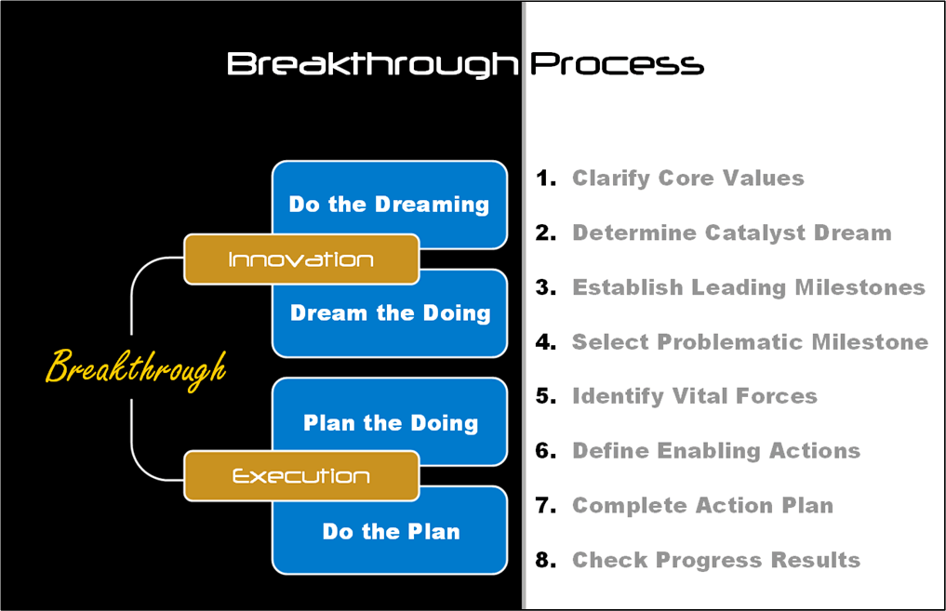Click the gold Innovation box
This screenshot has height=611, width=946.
(x=301, y=259)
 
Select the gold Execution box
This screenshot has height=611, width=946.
(x=301, y=476)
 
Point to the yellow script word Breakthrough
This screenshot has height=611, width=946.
(x=137, y=367)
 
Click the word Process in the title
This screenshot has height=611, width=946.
(x=618, y=64)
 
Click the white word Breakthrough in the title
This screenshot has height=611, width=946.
(x=372, y=65)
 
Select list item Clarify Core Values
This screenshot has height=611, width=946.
(x=687, y=179)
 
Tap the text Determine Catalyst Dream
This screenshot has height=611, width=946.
(x=732, y=232)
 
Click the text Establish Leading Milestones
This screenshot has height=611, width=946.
(x=749, y=287)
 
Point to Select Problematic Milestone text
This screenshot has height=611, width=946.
(x=750, y=342)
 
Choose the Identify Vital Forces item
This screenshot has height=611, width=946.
(x=695, y=396)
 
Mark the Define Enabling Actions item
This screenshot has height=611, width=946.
(x=716, y=451)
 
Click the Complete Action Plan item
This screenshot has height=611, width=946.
(x=703, y=506)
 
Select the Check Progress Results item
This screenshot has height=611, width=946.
(x=716, y=561)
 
